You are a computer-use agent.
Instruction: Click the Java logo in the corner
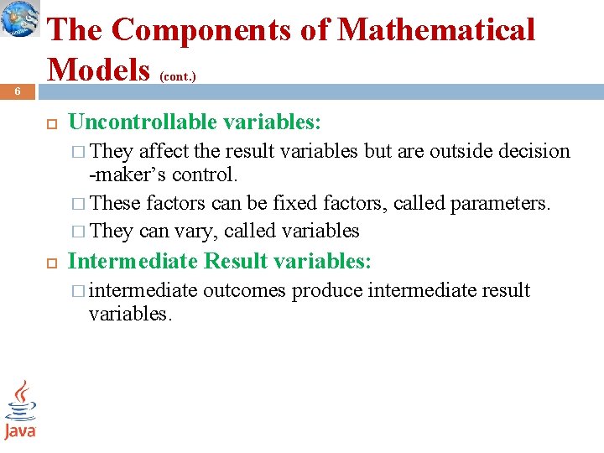click(20, 410)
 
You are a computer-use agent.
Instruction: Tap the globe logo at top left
click(20, 18)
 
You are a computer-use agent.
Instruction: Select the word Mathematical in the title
click(435, 30)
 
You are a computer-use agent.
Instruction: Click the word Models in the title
click(101, 69)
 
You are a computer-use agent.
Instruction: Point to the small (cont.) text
click(178, 75)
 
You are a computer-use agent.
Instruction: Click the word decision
click(534, 151)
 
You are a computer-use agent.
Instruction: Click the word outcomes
click(244, 290)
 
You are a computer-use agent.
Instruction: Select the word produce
click(328, 290)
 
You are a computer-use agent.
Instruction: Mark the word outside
click(461, 151)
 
